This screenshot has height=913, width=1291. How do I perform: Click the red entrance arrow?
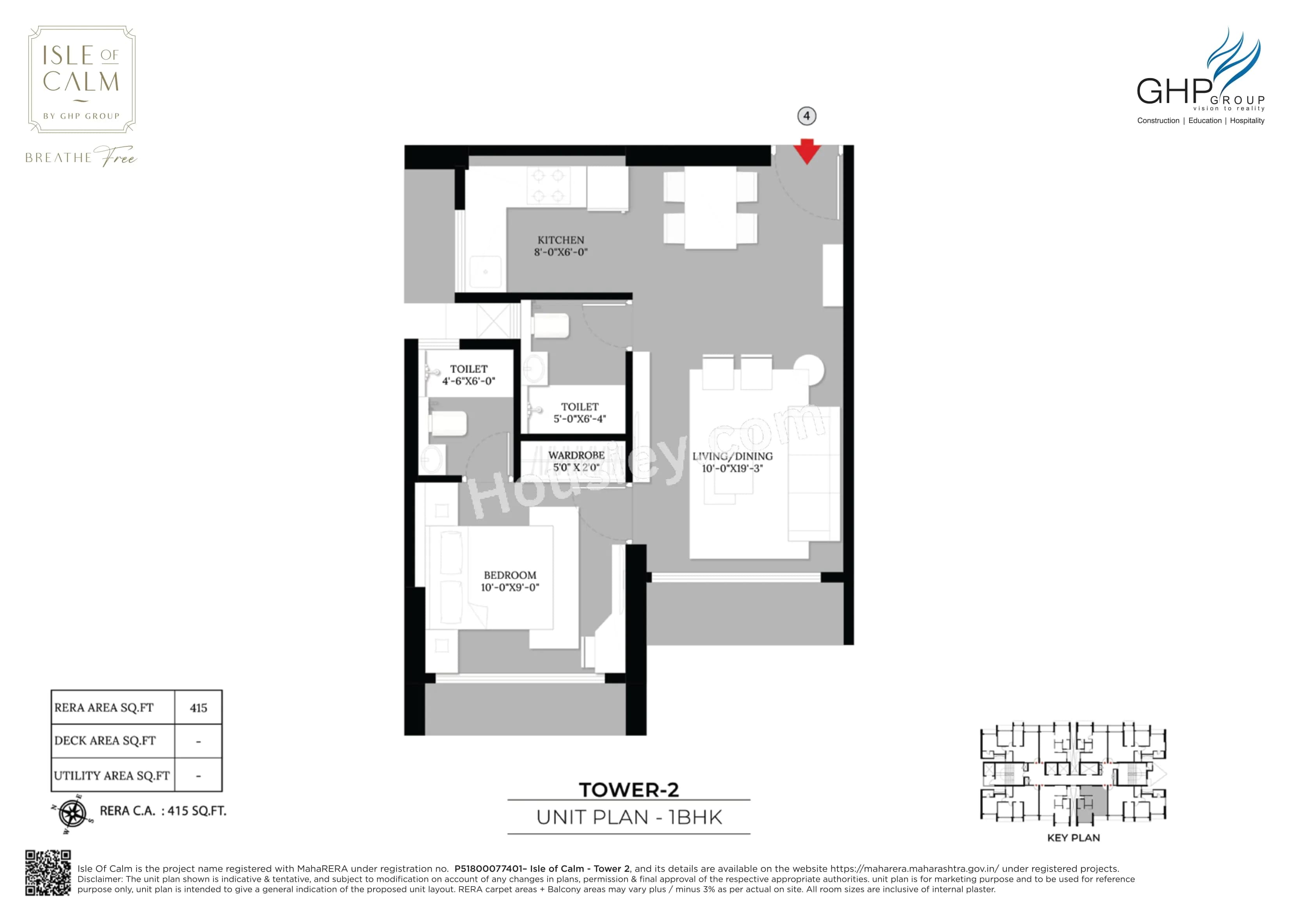coord(807,152)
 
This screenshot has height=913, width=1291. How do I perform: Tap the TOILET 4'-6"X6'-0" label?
coord(468,375)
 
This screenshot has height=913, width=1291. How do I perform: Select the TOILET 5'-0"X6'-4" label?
coord(579,412)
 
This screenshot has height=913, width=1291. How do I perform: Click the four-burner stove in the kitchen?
coord(548,186)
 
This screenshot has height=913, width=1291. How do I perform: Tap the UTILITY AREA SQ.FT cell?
coord(112,775)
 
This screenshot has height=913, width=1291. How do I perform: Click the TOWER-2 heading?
coord(629,789)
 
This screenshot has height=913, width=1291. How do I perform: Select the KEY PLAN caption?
coord(1073,838)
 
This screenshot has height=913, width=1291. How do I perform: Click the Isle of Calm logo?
coord(82,79)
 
